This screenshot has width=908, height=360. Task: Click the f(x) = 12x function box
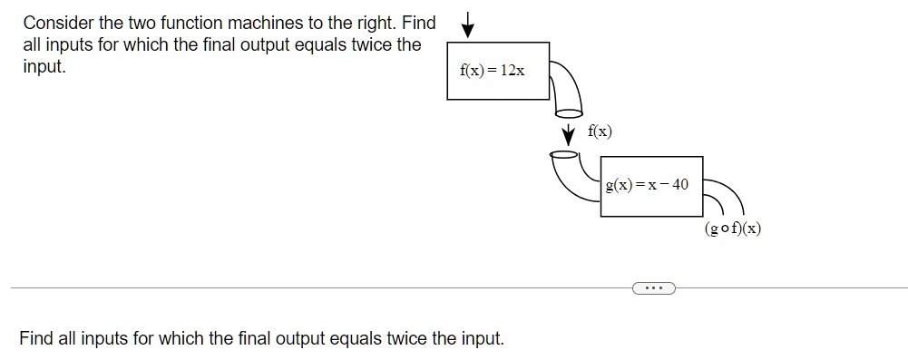pyautogui.click(x=498, y=70)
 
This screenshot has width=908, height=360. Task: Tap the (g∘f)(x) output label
pyautogui.click(x=732, y=229)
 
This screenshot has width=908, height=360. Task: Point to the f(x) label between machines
pyautogui.click(x=600, y=131)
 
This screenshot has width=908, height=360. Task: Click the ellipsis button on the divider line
pyautogui.click(x=650, y=288)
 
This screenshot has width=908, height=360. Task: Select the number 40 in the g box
pyautogui.click(x=679, y=185)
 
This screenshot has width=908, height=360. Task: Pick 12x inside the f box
pyautogui.click(x=512, y=70)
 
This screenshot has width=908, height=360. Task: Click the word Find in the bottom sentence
pyautogui.click(x=36, y=339)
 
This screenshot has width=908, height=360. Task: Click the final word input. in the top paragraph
pyautogui.click(x=44, y=67)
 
